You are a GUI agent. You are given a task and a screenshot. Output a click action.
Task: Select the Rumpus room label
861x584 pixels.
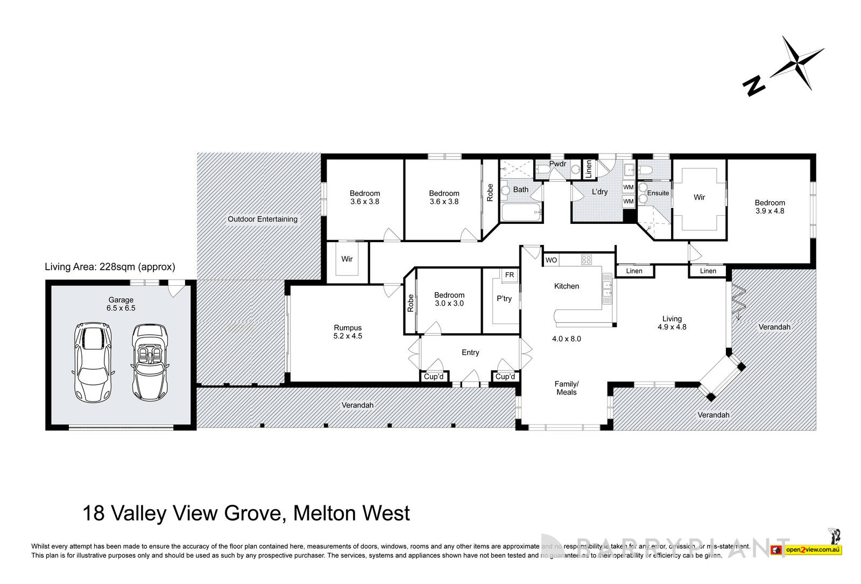tap(348, 328)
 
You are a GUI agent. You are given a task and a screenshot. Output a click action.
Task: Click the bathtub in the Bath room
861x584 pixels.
tap(520, 213)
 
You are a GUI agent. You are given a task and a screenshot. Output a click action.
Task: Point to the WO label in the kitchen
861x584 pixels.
tap(551, 260)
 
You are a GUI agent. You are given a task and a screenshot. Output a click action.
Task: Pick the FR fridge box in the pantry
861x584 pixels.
tap(509, 275)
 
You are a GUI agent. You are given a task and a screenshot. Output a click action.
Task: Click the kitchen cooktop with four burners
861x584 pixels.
tap(586, 260)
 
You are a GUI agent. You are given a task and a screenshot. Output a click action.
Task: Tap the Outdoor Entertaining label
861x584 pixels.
tap(262, 219)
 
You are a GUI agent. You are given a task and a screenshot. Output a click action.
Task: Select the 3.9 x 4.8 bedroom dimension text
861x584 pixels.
tap(770, 211)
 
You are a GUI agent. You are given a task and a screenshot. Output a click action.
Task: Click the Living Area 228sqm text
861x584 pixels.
tap(110, 266)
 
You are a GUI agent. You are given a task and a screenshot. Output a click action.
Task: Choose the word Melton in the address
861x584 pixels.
tap(317, 513)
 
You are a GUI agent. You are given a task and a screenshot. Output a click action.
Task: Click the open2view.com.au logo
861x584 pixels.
tap(813, 550)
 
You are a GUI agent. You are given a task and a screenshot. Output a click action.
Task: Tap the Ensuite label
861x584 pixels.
tap(658, 193)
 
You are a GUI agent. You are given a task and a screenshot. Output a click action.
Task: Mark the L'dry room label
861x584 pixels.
tap(599, 192)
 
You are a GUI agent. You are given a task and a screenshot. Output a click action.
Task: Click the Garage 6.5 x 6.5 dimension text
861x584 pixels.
tap(121, 308)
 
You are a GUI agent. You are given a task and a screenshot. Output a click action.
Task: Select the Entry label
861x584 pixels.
tap(470, 353)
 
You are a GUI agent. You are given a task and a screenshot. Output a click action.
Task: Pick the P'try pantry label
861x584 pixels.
tap(504, 299)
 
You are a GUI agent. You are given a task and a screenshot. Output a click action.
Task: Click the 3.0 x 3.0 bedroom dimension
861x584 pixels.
tap(449, 303)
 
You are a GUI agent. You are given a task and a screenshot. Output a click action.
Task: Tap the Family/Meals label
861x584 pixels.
tap(566, 388)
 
